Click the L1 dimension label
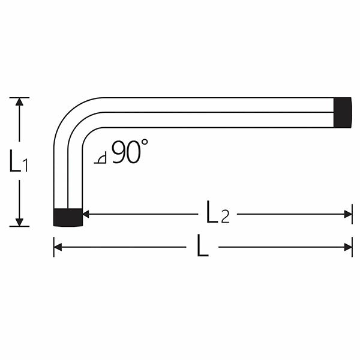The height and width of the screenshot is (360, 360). click(x=19, y=162)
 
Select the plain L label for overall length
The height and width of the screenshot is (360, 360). click(x=203, y=247)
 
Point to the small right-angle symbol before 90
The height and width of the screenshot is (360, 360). click(x=101, y=158)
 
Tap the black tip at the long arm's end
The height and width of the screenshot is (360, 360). click(x=343, y=112)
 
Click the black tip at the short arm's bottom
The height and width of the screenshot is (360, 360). click(x=68, y=217)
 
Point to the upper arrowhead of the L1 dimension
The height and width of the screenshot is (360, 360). click(x=19, y=102)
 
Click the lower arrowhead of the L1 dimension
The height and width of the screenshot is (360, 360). click(x=19, y=221)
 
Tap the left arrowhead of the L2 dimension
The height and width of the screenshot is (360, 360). click(x=86, y=214)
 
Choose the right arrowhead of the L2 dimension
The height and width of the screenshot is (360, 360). click(x=348, y=214)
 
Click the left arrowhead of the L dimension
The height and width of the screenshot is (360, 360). click(x=58, y=247)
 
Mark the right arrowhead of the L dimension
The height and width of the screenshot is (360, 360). click(x=348, y=247)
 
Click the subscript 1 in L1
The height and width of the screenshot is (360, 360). click(x=25, y=166)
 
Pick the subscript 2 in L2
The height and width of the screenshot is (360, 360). click(x=225, y=217)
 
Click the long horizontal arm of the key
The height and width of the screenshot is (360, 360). click(x=216, y=112)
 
